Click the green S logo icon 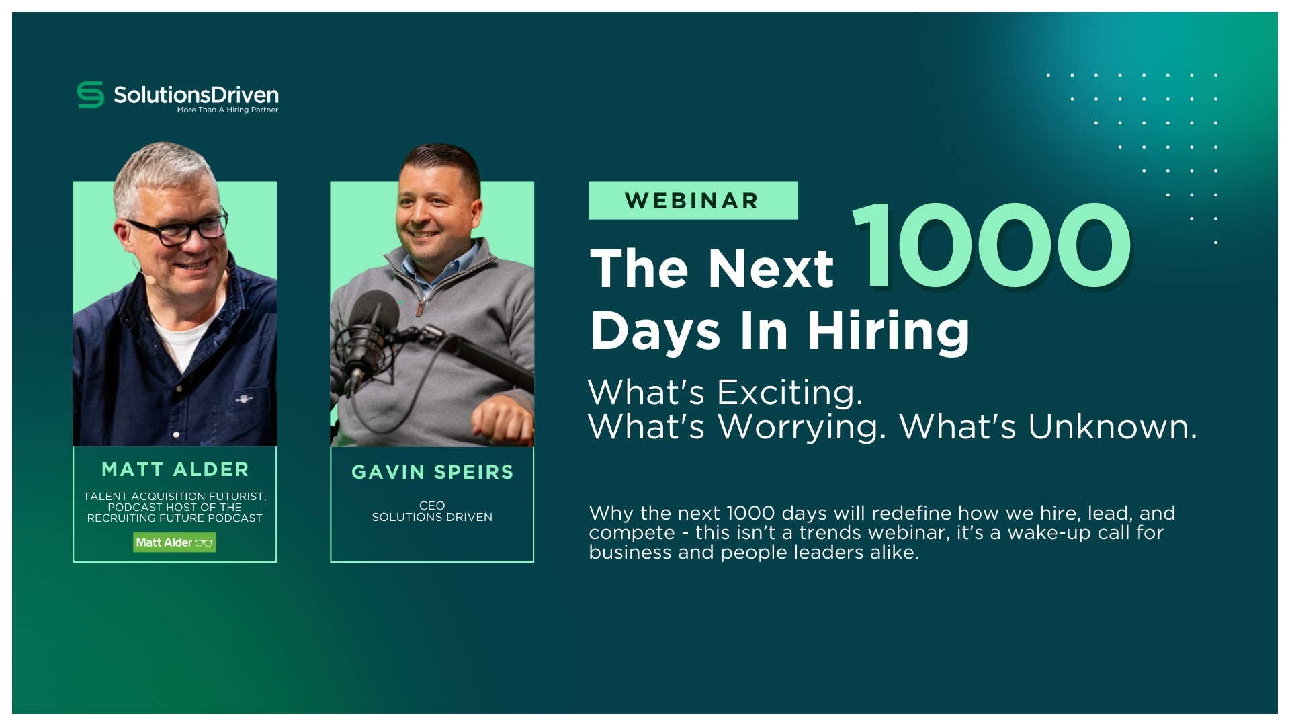coord(91,95)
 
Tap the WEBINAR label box coord(693,200)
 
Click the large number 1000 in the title coord(992,246)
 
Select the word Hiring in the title coord(888,331)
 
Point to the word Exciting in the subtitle coord(789,392)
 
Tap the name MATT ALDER coord(175,469)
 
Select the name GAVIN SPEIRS coord(432,472)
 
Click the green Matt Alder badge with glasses coord(175,542)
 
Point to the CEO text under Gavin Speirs coord(432,506)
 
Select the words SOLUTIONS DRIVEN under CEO coord(432,517)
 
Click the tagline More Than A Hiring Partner coord(228,110)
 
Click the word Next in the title coord(771,268)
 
